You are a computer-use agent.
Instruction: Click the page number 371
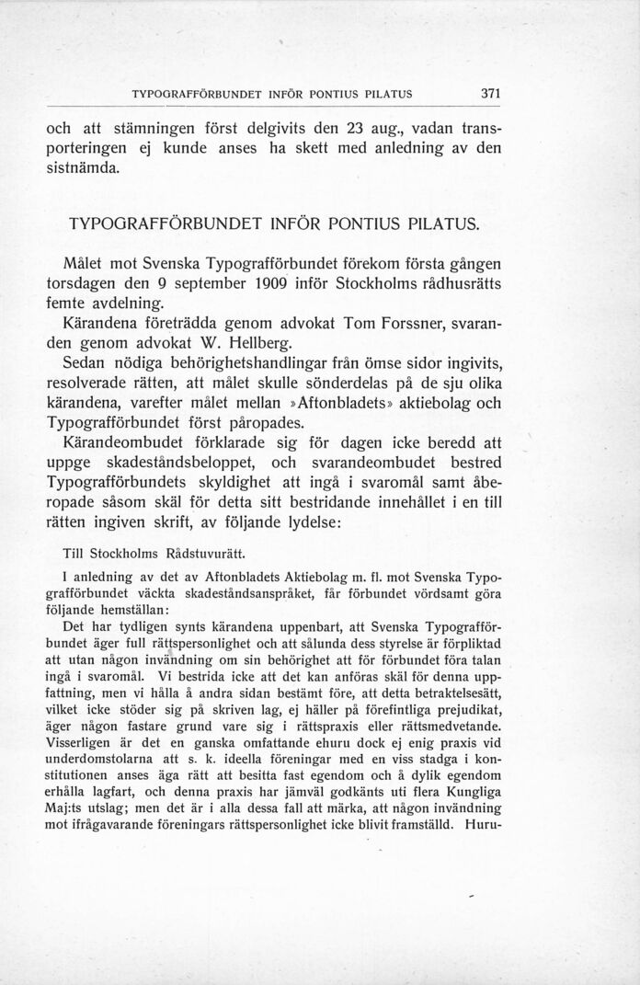(x=488, y=93)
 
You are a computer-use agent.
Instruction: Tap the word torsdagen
(x=86, y=281)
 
